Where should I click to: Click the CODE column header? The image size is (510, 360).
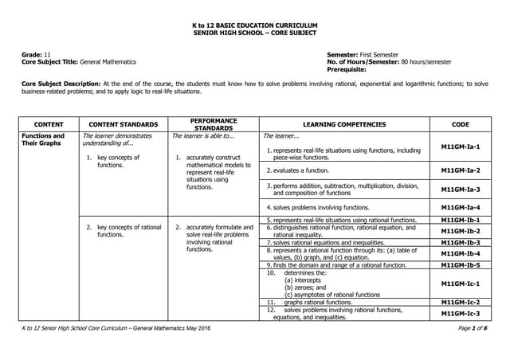point(460,124)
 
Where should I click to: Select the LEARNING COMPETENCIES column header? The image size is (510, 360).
point(344,124)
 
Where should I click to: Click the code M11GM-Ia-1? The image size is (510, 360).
point(460,148)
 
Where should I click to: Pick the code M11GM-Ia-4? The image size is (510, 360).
point(460,207)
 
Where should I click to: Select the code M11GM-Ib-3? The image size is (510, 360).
point(460,241)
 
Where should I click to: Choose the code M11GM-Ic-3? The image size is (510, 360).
point(460,313)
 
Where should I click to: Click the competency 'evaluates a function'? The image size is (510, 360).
point(301,170)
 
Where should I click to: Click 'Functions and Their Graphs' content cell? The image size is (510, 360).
point(43,139)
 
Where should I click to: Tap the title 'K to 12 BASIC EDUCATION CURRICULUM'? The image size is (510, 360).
point(254,25)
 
